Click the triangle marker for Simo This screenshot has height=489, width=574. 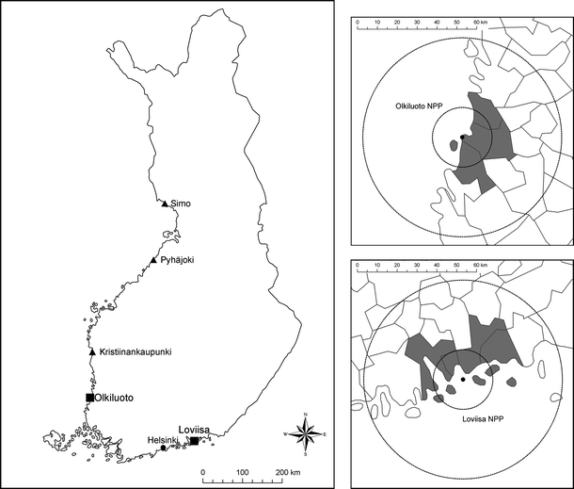tap(165, 204)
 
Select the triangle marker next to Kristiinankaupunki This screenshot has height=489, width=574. tap(91, 352)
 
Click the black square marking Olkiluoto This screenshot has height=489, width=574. tap(89, 398)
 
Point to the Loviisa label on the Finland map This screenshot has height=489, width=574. tap(194, 428)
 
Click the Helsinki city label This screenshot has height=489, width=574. tap(163, 438)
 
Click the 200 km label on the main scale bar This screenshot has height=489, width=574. tap(287, 470)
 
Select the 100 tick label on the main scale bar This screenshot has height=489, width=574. tap(242, 470)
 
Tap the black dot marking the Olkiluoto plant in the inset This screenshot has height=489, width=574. tap(463, 138)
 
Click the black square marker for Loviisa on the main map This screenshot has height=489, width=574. tap(194, 441)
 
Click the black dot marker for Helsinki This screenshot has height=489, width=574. tap(164, 448)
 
